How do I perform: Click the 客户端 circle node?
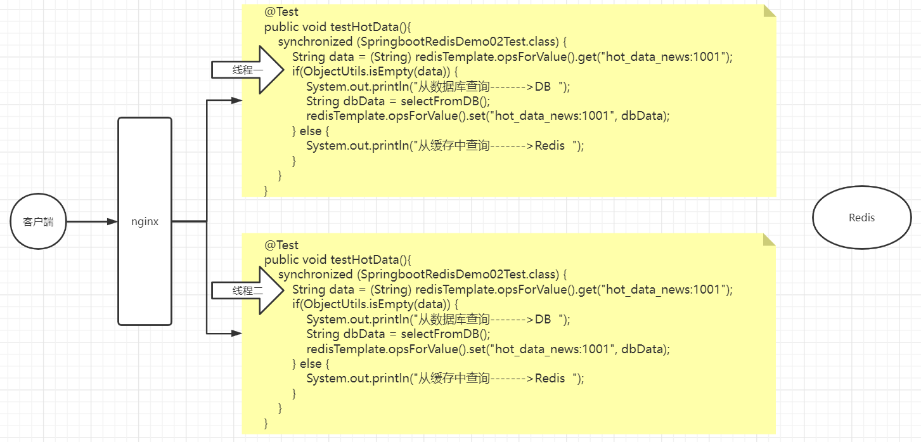point(38,222)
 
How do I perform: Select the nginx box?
point(145,221)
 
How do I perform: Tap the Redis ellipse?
point(861,218)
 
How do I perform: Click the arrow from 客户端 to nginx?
point(92,222)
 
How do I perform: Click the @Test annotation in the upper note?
point(281,11)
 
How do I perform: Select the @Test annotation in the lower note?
point(281,245)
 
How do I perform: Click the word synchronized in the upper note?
point(315,42)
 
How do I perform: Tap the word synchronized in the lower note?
point(315,275)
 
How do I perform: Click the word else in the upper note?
point(311,131)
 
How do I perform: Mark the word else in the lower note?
point(311,364)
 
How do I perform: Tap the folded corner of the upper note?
point(770,11)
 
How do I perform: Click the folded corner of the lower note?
point(770,240)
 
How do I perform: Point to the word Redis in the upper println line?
point(550,145)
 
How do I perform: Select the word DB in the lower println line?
point(543,319)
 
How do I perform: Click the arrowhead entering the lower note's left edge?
point(236,333)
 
